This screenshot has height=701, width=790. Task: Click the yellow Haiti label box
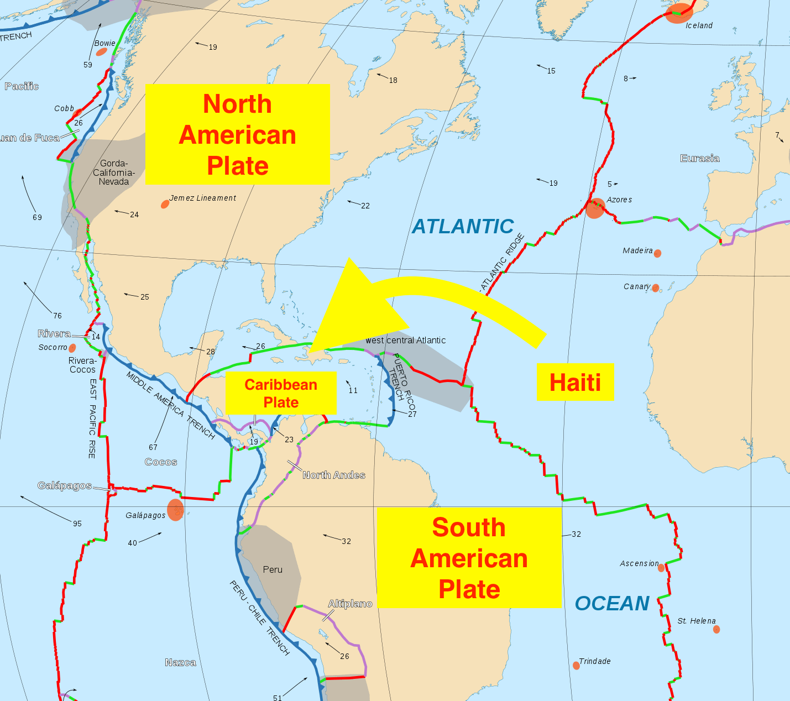(x=575, y=382)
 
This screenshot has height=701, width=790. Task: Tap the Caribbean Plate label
(x=281, y=393)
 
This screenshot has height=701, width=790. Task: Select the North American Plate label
(x=238, y=134)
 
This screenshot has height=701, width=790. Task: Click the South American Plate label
(x=469, y=557)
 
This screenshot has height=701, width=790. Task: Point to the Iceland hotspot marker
(x=678, y=13)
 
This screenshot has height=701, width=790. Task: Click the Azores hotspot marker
(x=595, y=208)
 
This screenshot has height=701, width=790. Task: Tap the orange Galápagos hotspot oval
(x=175, y=510)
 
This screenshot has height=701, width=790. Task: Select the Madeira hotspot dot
(x=657, y=253)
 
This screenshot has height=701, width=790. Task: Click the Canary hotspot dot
(x=655, y=288)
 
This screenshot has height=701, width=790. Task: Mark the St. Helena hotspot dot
(x=716, y=629)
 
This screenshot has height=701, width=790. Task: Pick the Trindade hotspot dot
(x=576, y=665)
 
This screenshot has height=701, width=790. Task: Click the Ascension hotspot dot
(x=661, y=568)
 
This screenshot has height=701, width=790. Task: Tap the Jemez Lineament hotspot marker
(x=165, y=204)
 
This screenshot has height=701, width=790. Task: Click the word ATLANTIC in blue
(x=463, y=227)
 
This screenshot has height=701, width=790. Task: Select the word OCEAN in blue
(x=612, y=603)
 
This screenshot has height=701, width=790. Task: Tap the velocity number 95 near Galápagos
(x=77, y=524)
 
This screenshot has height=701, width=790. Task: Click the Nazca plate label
(x=180, y=662)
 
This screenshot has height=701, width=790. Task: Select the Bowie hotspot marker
(x=101, y=52)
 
